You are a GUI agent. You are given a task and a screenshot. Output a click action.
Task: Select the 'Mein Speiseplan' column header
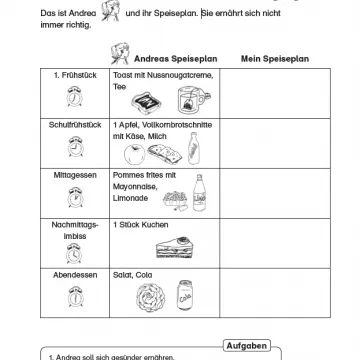click(x=274, y=58)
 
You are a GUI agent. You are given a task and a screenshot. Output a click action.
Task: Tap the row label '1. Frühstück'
click(x=73, y=76)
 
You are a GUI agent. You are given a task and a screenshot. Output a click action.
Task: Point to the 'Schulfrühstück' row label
click(x=73, y=125)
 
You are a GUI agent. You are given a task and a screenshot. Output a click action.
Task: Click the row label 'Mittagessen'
click(x=73, y=174)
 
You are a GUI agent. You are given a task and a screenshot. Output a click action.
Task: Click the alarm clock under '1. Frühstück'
click(x=73, y=98)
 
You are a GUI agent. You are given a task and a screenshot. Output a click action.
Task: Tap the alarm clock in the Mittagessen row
click(x=73, y=197)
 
